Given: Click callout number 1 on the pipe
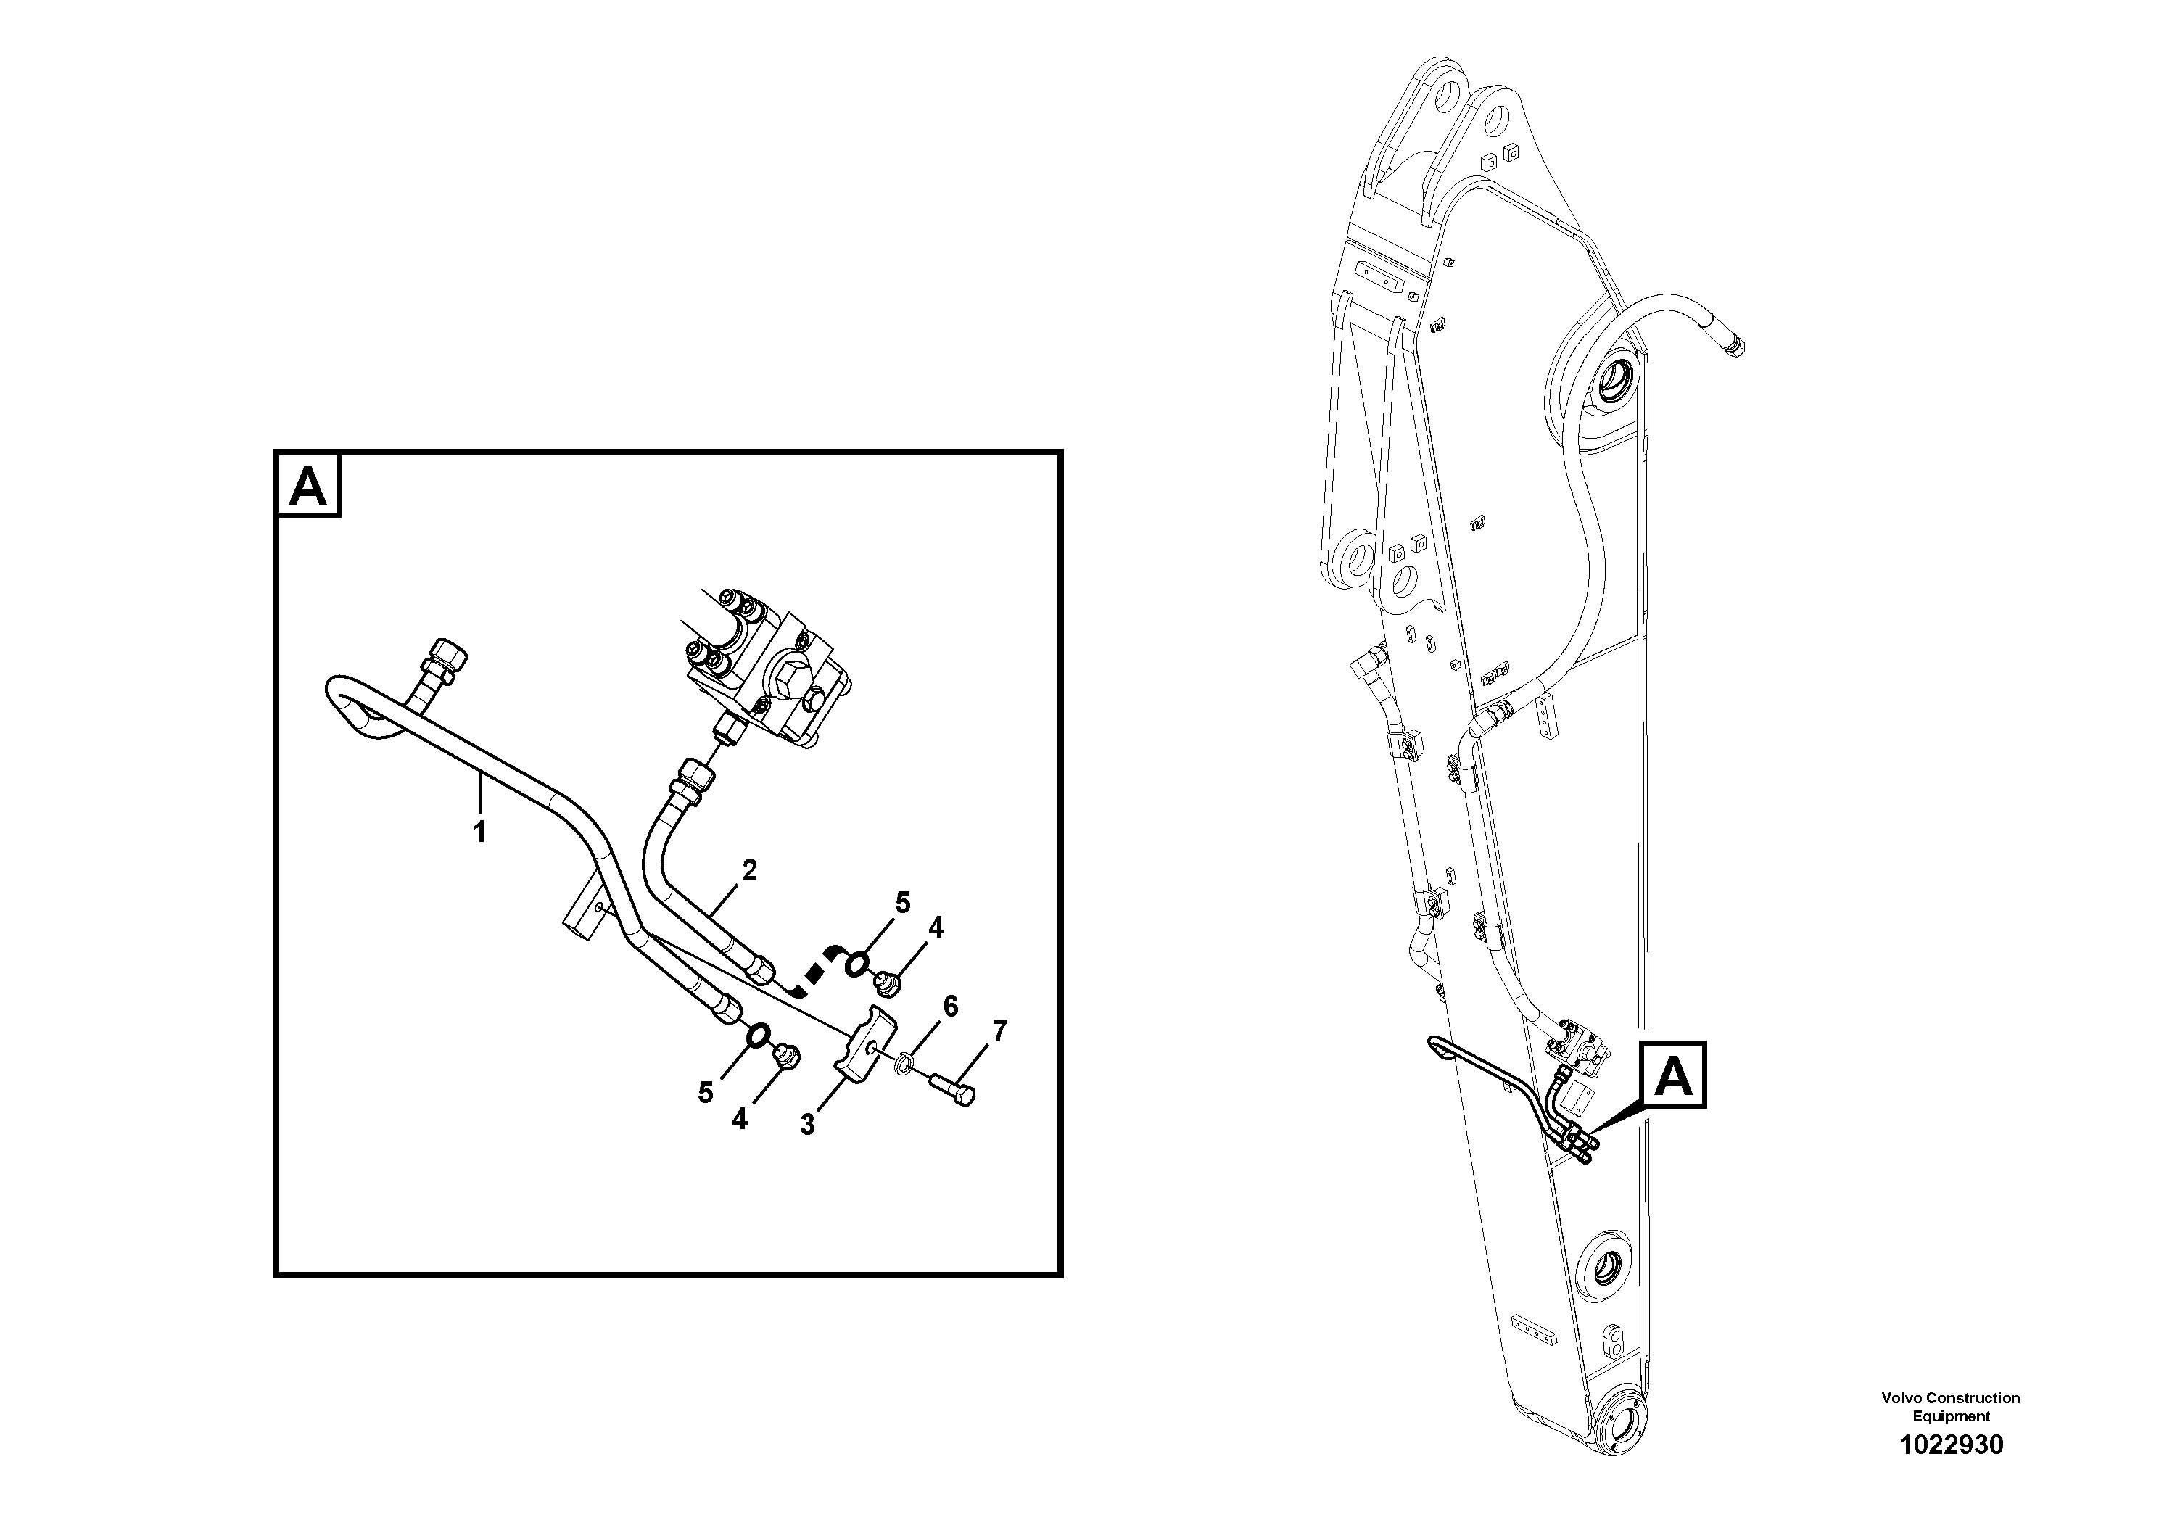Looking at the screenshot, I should pos(479,832).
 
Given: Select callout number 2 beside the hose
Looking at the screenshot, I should pos(748,871).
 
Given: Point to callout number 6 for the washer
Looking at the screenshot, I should pos(951,1007).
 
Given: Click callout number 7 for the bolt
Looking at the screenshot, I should pos(999,1031).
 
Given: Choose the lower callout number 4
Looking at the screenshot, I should pos(740,1119).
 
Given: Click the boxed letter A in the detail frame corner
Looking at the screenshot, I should pos(308,486).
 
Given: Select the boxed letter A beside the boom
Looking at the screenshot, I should pos(1673,1074).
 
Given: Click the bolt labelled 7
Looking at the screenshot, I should pos(951,1088).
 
